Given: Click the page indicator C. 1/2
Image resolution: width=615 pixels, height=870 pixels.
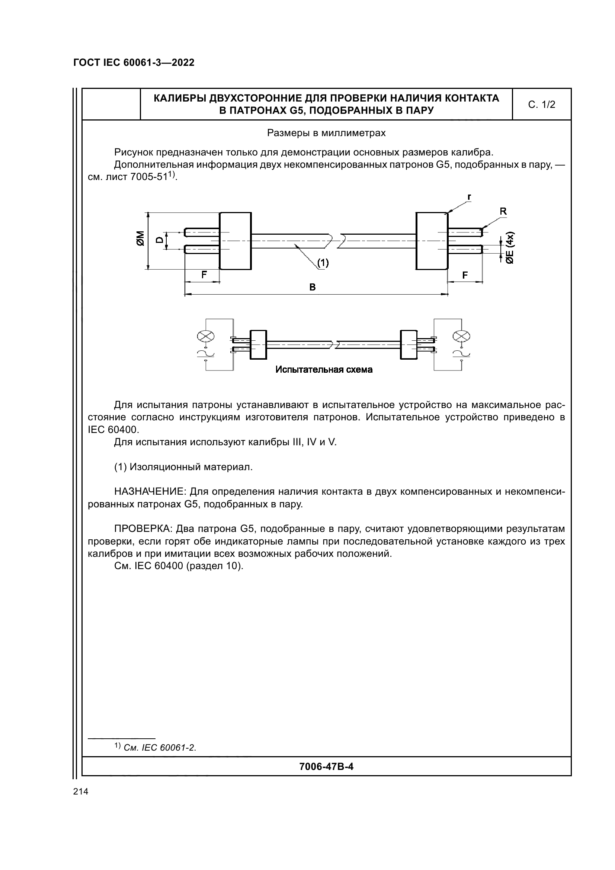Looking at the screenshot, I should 541,105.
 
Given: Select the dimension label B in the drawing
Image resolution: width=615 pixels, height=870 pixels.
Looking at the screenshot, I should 312,287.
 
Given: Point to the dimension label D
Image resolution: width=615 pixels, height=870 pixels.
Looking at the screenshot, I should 160,240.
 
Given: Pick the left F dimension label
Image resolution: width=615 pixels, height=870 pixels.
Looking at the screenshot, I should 204,275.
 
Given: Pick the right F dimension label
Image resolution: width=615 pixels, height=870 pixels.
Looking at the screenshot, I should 465,275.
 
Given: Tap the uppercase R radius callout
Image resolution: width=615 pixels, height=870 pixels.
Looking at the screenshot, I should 503,211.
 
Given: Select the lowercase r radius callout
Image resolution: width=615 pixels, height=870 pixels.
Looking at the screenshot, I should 469,197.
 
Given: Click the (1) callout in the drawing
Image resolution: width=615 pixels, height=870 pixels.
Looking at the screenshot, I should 323,263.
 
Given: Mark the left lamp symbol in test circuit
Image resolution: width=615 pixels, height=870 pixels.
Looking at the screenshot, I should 206,336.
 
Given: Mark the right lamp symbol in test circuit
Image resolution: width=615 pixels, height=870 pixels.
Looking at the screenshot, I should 462,336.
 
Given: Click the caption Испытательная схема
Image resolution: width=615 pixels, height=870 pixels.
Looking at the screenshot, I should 324,370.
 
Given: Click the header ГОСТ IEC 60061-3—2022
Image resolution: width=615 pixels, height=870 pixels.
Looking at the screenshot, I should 134,63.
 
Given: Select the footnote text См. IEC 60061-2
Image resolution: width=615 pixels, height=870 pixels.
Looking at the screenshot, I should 160,748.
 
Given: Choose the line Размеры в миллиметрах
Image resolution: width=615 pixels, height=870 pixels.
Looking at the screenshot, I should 326,133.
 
